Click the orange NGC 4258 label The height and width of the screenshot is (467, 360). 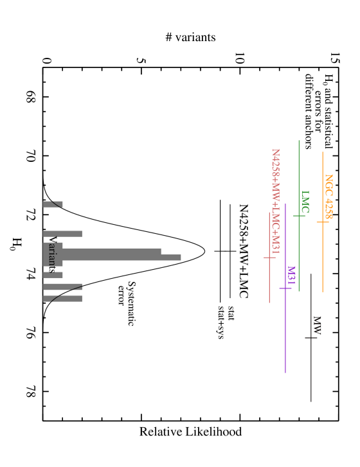pyautogui.click(x=328, y=196)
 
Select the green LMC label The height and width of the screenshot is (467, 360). pyautogui.click(x=305, y=201)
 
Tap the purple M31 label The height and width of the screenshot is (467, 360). pyautogui.click(x=291, y=275)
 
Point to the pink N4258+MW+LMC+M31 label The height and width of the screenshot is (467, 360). pyautogui.click(x=276, y=200)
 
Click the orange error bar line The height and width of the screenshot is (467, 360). pyautogui.click(x=323, y=257)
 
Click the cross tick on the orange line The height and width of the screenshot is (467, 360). pyautogui.click(x=323, y=222)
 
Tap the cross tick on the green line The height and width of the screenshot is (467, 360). pyautogui.click(x=299, y=216)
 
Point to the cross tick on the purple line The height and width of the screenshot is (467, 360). pyautogui.click(x=285, y=288)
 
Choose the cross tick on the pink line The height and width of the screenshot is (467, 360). pyautogui.click(x=269, y=258)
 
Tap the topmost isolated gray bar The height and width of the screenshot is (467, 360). pyautogui.click(x=53, y=204)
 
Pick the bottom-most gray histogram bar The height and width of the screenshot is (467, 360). pyautogui.click(x=62, y=299)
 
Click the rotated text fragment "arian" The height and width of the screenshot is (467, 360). pyautogui.click(x=53, y=254)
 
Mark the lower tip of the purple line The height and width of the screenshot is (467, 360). pyautogui.click(x=285, y=372)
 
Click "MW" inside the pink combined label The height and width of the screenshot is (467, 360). pyautogui.click(x=276, y=190)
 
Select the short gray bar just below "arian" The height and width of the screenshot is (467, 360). pyautogui.click(x=53, y=275)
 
